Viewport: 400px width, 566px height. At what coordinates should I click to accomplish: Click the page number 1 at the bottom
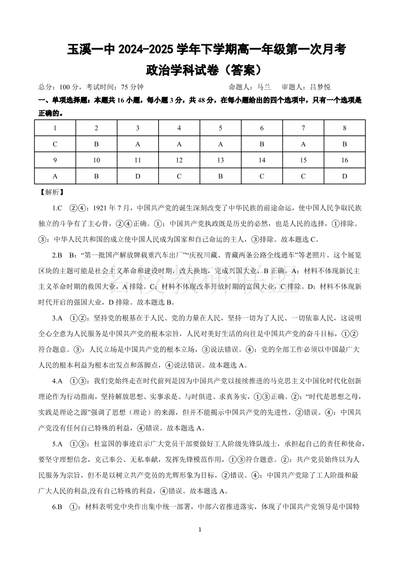pos(201,530)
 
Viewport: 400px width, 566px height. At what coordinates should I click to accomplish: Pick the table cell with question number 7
pos(303,128)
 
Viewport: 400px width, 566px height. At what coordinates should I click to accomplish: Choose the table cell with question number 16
pos(345,160)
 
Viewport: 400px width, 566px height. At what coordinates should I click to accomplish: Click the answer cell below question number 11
pos(138,176)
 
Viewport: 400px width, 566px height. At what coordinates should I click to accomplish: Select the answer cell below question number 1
pos(55,144)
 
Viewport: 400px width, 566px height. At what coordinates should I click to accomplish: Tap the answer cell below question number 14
pos(262,176)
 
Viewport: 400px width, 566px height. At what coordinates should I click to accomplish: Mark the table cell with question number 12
pos(179,160)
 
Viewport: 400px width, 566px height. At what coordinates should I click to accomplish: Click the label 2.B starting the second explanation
pos(57,255)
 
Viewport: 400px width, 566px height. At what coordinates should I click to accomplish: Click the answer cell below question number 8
pos(345,144)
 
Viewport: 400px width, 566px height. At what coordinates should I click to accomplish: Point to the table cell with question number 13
pos(221,160)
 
